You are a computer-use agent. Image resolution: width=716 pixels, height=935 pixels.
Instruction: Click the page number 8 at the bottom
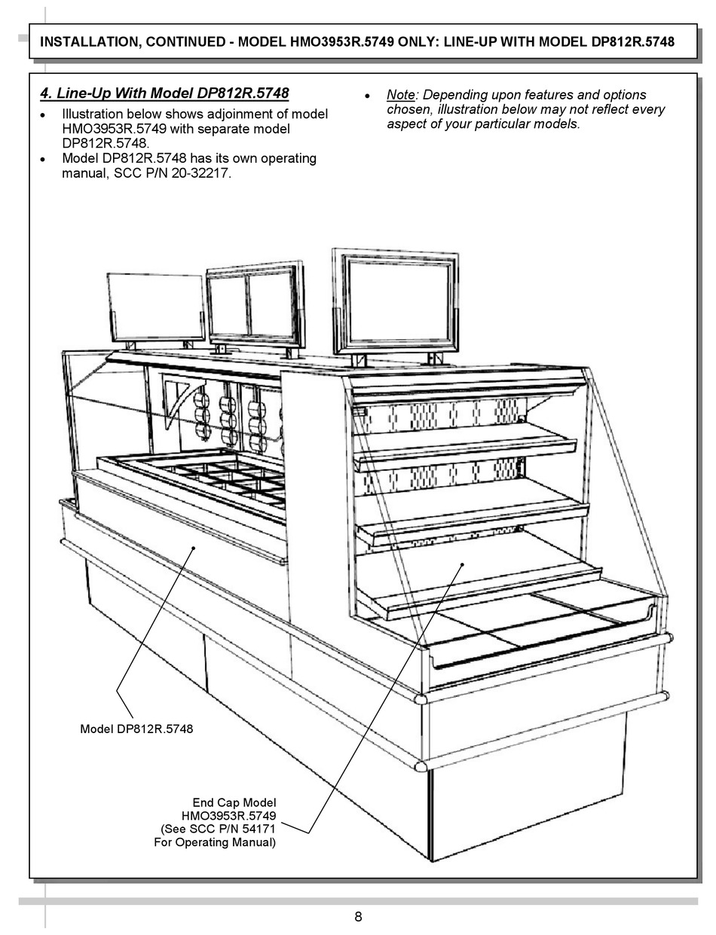coord(358,916)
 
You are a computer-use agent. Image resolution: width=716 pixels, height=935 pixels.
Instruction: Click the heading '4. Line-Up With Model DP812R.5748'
coord(164,94)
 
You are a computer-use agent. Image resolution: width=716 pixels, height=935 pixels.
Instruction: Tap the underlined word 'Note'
coord(401,95)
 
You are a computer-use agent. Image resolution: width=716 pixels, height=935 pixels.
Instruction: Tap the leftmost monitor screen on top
coord(156,306)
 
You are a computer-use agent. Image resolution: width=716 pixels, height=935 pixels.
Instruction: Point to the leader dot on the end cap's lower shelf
coord(462,565)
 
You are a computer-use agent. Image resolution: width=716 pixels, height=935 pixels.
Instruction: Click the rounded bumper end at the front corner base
coord(420,766)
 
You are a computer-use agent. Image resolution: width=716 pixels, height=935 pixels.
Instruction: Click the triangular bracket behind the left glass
coord(179,399)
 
